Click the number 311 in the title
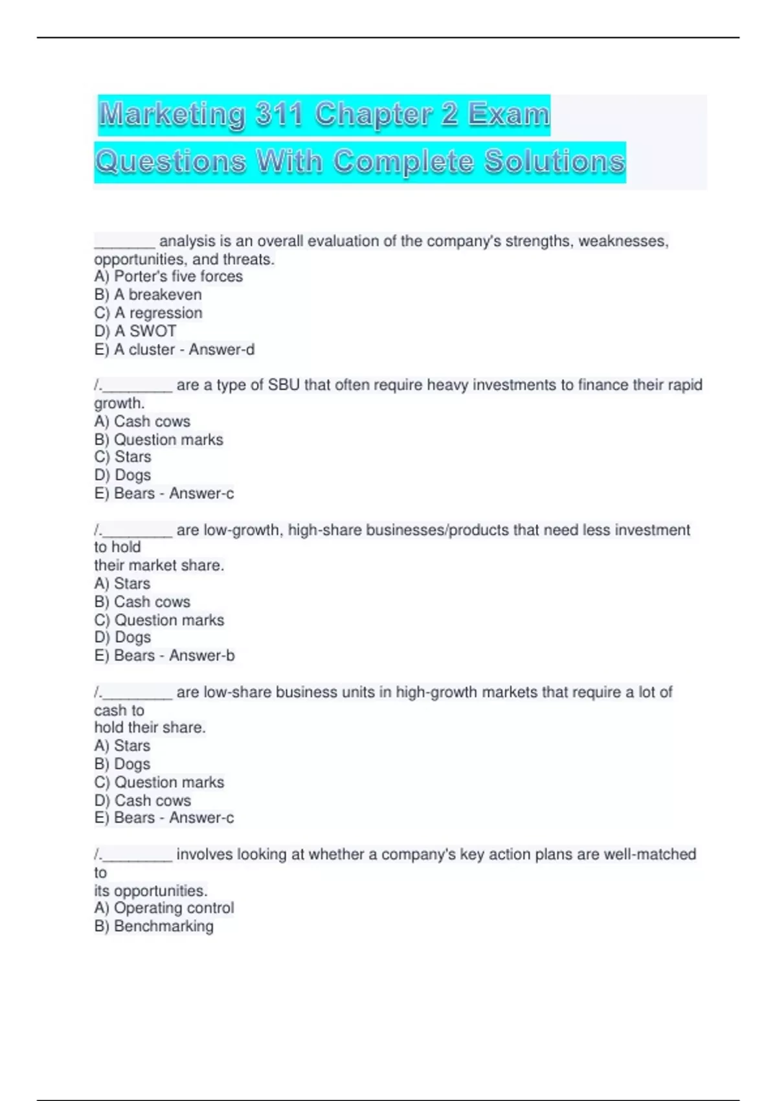click(279, 115)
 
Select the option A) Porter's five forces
click(168, 277)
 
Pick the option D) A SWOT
click(135, 331)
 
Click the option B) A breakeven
click(148, 295)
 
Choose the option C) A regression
click(148, 313)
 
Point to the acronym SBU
click(284, 385)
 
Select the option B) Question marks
click(159, 440)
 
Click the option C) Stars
click(122, 457)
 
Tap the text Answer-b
click(202, 655)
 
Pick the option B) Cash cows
click(142, 602)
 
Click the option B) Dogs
click(122, 764)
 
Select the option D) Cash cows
click(142, 800)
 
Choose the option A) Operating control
click(164, 908)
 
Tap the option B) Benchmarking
click(153, 926)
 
